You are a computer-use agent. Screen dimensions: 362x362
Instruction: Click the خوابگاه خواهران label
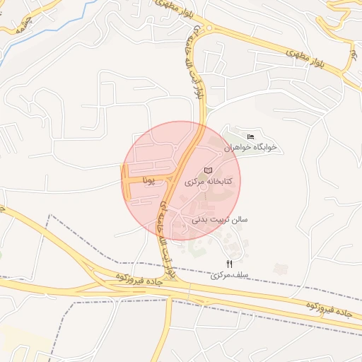coord(250,148)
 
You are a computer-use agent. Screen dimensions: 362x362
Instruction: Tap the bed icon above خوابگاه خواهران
coord(250,136)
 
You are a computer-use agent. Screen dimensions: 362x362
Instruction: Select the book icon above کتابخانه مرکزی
coord(208,170)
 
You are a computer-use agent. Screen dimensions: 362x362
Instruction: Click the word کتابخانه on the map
coord(217,182)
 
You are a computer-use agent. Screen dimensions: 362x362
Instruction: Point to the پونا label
coord(148,181)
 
